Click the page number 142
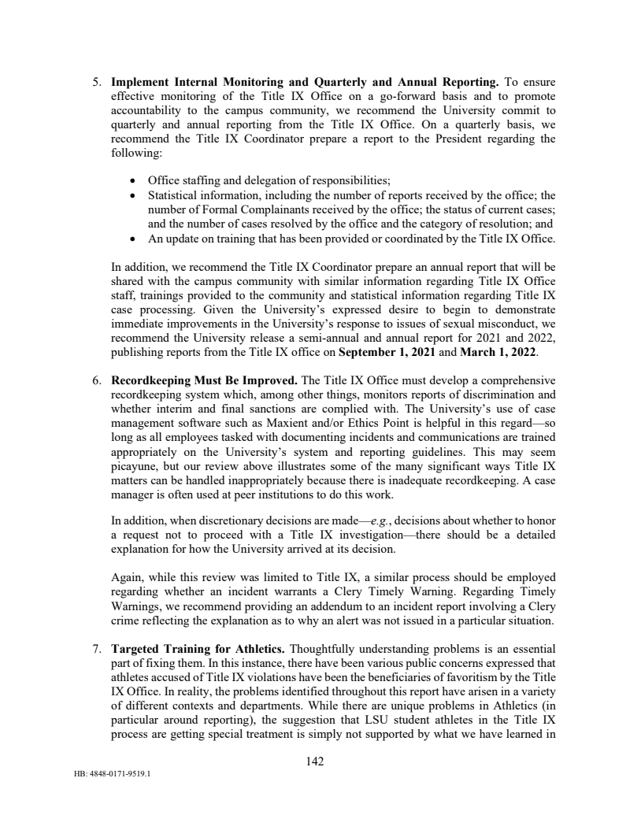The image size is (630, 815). [x=315, y=761]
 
